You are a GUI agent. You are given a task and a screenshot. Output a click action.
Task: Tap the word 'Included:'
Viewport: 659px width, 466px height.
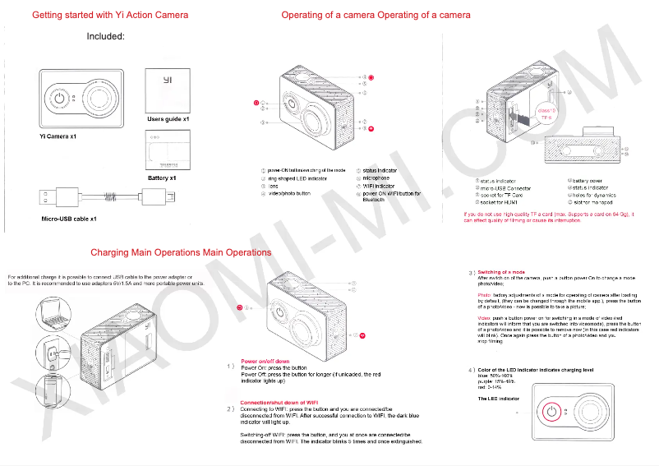coord(105,37)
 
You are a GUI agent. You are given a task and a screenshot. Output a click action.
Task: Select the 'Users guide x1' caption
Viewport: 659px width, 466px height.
coord(168,119)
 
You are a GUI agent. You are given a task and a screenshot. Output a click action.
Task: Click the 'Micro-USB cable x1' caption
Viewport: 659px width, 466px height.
coord(69,219)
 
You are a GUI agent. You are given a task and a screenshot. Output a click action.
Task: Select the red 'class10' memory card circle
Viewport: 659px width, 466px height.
coord(546,113)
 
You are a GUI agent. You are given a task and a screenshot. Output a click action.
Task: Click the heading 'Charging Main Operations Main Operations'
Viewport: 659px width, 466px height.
coord(181,252)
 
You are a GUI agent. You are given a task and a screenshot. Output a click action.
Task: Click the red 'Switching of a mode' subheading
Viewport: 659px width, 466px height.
coord(502,272)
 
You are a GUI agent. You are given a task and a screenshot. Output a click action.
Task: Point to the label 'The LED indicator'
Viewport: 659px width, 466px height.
coord(499,398)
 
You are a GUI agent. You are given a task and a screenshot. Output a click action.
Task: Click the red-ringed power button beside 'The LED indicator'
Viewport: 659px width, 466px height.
coord(552,412)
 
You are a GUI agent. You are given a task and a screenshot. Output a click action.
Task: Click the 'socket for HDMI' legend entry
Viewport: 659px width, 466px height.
coord(496,201)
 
